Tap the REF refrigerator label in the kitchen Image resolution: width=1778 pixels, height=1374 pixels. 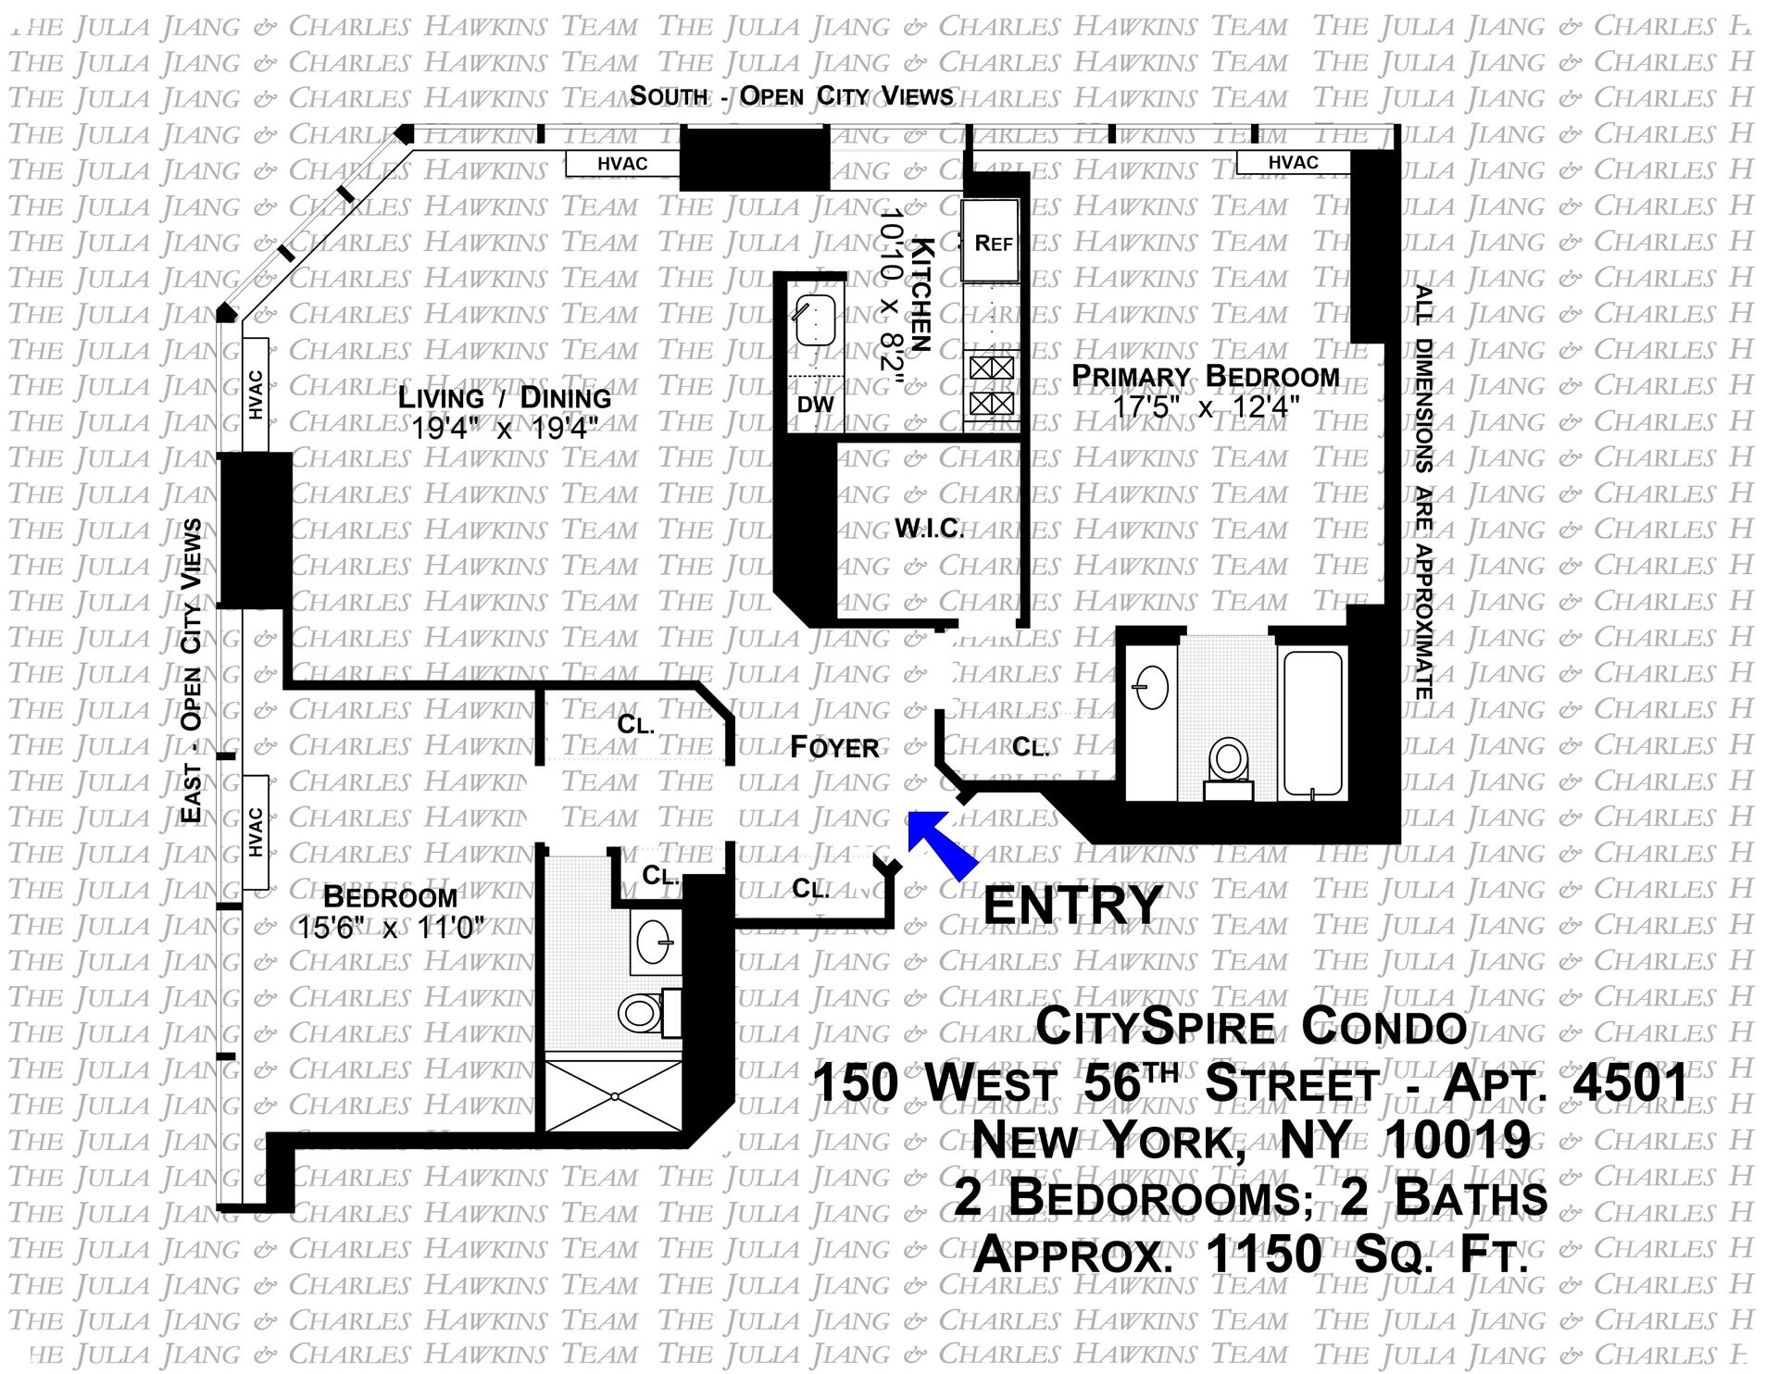click(x=993, y=243)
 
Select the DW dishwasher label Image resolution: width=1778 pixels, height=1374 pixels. click(x=815, y=405)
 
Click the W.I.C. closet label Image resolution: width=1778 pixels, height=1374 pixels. click(x=929, y=529)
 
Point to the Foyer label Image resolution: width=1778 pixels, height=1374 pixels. click(x=833, y=747)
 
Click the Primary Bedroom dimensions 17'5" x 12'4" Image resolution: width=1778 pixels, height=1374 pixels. click(x=1206, y=406)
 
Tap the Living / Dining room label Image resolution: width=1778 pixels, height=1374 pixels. click(x=505, y=398)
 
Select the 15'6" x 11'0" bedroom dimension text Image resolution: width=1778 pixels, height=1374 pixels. click(x=391, y=927)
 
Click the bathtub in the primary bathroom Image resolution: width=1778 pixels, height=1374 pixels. click(x=1310, y=722)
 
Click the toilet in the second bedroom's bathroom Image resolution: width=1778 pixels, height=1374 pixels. click(x=639, y=1012)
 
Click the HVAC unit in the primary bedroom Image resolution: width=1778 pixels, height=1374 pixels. click(x=1293, y=163)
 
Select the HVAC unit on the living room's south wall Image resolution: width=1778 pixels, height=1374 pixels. click(x=622, y=164)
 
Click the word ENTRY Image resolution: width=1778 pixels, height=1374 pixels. click(x=1071, y=905)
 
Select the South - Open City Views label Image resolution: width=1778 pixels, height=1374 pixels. click(x=792, y=96)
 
